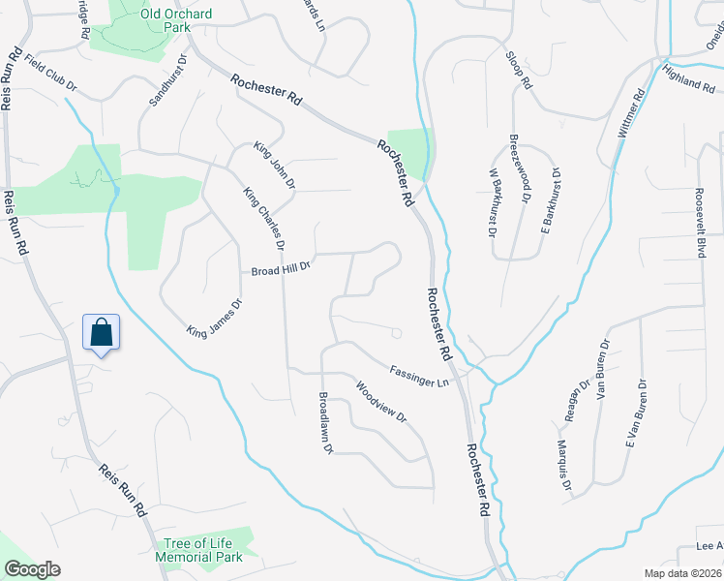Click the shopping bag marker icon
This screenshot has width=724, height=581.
(x=101, y=333)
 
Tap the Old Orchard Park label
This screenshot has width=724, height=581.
(x=151, y=20)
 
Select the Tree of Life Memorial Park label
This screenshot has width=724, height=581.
(x=199, y=549)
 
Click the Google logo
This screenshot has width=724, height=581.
(x=32, y=569)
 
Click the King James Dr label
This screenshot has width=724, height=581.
(x=214, y=317)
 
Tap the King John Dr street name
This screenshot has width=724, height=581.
(x=274, y=165)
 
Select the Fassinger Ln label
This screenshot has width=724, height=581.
(x=420, y=374)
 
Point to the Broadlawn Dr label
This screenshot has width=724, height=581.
(x=326, y=423)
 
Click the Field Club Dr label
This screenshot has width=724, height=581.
(x=50, y=74)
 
